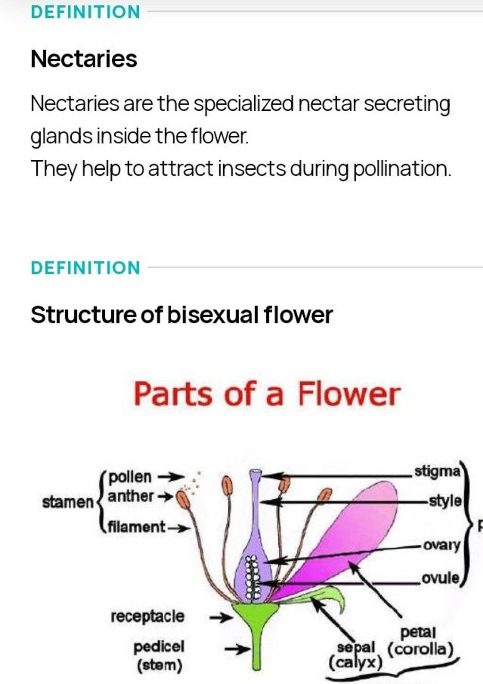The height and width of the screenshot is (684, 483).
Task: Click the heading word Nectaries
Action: pyautogui.click(x=84, y=59)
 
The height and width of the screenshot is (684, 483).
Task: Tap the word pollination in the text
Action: pyautogui.click(x=401, y=169)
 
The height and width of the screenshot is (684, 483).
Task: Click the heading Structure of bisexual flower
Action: pyautogui.click(x=182, y=315)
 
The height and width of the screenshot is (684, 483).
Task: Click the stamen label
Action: pyautogui.click(x=68, y=503)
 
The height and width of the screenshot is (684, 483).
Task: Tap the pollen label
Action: pyautogui.click(x=130, y=477)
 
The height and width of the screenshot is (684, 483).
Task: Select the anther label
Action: pyautogui.click(x=131, y=496)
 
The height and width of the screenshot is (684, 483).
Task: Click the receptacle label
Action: pyautogui.click(x=147, y=616)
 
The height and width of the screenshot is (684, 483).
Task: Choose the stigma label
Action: pyautogui.click(x=436, y=471)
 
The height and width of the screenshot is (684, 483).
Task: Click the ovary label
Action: pyautogui.click(x=441, y=545)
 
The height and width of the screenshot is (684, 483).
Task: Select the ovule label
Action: pyautogui.click(x=440, y=578)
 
